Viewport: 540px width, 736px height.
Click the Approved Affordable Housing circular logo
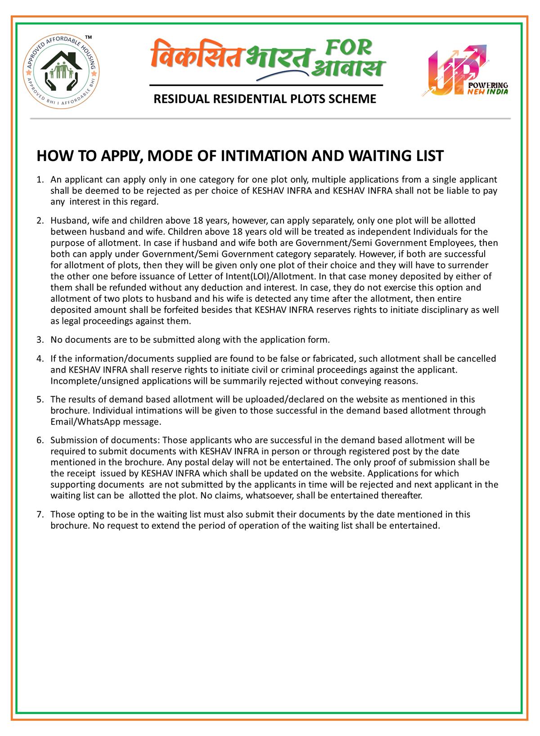tap(62, 71)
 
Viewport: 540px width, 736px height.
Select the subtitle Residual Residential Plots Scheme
tap(265, 99)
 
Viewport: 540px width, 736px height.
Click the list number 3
tap(40, 339)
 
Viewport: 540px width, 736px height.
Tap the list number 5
tap(40, 399)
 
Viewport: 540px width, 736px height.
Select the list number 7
tap(40, 514)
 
